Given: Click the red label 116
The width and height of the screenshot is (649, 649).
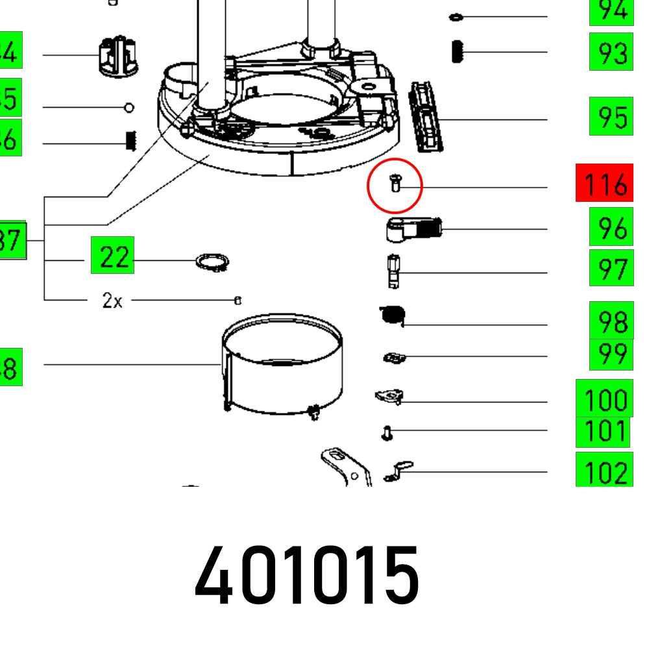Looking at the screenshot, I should point(603,184).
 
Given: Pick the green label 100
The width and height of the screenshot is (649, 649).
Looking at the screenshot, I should point(604,398).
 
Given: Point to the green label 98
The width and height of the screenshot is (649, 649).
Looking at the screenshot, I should point(611,321).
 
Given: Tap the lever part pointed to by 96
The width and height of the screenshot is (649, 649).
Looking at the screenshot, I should point(413,229).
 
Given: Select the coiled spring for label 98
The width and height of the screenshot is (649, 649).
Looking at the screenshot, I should point(393,315).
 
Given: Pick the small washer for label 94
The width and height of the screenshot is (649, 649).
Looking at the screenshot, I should point(456,16).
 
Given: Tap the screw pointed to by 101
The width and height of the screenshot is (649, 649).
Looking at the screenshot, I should point(387,432).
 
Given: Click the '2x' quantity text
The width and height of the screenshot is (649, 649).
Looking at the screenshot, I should point(112,301).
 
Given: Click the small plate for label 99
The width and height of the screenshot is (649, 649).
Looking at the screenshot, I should point(392,358).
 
